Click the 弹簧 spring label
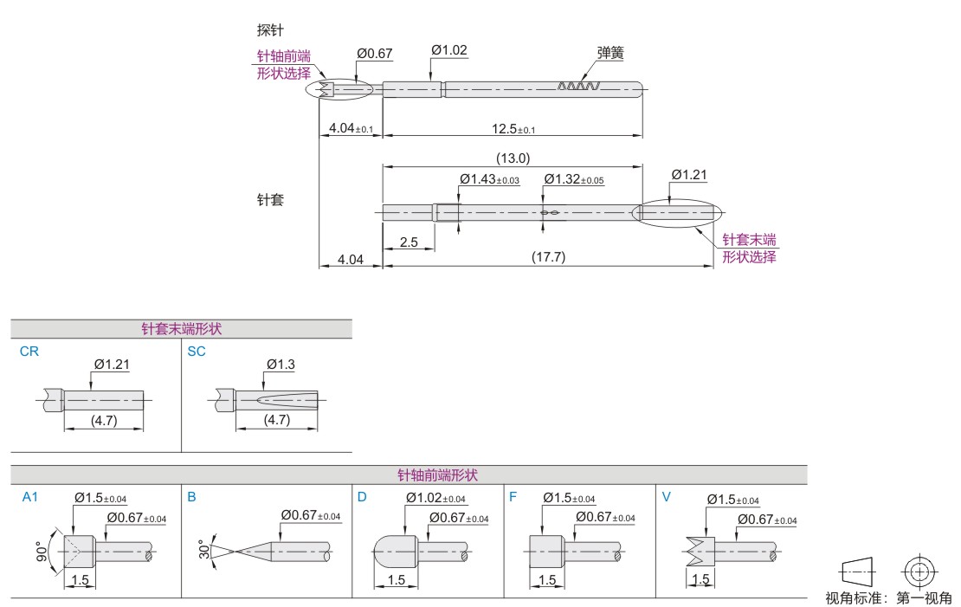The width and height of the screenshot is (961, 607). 610,53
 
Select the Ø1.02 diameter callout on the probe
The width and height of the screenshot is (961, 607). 449,50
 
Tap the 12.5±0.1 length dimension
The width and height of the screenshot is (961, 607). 513,129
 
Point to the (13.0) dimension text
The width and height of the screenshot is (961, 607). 513,158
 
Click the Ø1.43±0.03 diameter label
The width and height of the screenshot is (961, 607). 489,179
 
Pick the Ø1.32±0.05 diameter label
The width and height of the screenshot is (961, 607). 574,179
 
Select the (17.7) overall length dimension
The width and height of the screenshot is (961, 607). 548,258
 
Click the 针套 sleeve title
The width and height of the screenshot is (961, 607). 270,200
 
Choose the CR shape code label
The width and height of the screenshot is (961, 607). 29,352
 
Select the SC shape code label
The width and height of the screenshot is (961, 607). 197,352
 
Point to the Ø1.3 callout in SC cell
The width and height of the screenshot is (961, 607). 281,365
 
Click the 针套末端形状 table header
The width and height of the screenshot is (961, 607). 181,329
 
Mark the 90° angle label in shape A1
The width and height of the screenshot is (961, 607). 42,552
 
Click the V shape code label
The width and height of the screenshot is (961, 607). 666,497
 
